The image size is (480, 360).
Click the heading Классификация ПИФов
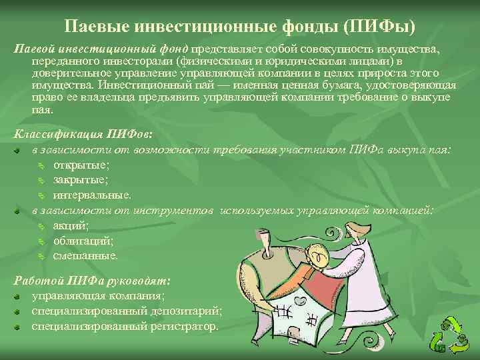pos(87,135)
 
